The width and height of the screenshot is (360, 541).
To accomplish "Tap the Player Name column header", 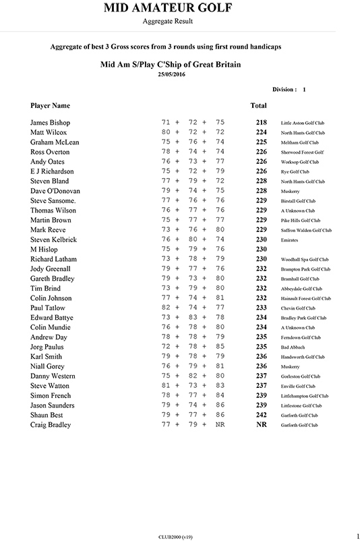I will (x=51, y=106).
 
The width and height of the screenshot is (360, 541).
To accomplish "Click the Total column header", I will (x=258, y=106).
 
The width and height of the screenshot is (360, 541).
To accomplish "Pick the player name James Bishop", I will (x=51, y=123).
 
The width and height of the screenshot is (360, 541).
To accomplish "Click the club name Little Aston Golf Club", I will (x=305, y=123).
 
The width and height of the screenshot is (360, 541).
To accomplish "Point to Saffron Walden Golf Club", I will (x=306, y=231).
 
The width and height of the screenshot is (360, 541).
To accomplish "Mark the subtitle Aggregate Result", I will (x=168, y=22).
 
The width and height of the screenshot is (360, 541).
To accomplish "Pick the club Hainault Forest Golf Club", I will (x=306, y=298).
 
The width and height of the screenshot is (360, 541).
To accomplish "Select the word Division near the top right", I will (x=284, y=89).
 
